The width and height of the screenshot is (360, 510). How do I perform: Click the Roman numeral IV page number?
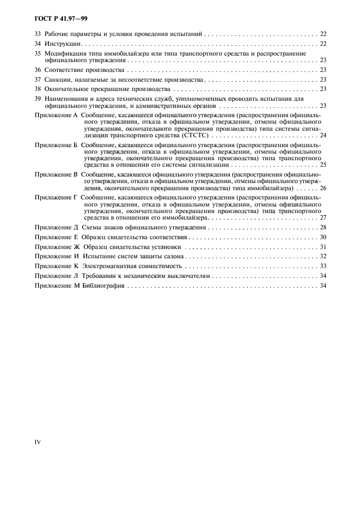[x=38, y=442]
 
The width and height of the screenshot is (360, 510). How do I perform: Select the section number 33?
[x=38, y=34]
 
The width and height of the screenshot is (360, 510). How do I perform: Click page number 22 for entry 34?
[x=323, y=44]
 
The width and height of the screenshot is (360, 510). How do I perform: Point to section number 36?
[x=38, y=70]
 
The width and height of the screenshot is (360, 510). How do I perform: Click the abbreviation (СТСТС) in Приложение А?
[x=191, y=135]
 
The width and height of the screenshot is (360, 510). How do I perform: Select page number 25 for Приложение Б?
[x=323, y=163]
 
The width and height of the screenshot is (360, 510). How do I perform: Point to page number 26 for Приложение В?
[x=323, y=188]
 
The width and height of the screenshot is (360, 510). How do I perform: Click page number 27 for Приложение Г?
[x=323, y=217]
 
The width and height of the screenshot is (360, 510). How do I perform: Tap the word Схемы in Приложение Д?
[x=93, y=227]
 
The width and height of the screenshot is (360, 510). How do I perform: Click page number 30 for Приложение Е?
[x=323, y=238]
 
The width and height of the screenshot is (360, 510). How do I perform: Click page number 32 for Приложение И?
[x=323, y=257]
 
